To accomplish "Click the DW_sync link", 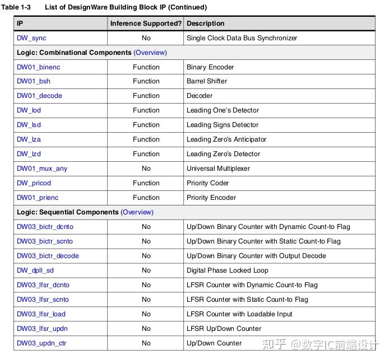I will tap(31, 38).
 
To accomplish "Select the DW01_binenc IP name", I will tap(38, 67).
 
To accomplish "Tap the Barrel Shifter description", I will tap(207, 81).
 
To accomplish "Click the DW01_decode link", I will tap(39, 96).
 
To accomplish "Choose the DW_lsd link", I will tap(29, 125).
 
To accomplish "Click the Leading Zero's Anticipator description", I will tap(226, 139).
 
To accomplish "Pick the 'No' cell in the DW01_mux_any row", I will tap(146, 169).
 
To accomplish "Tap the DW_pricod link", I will tap(34, 183).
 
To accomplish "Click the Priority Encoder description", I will tap(211, 198).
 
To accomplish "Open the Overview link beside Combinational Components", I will tap(150, 53).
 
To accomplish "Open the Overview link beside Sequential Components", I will tap(137, 212).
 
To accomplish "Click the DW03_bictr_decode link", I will tap(48, 256).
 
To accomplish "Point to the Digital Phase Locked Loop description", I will tap(227, 270).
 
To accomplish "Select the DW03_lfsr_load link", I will tap(41, 314).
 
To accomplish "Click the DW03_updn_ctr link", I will tap(41, 343).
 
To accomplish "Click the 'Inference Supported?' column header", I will tap(146, 24).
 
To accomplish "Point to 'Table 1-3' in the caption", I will tap(17, 7).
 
